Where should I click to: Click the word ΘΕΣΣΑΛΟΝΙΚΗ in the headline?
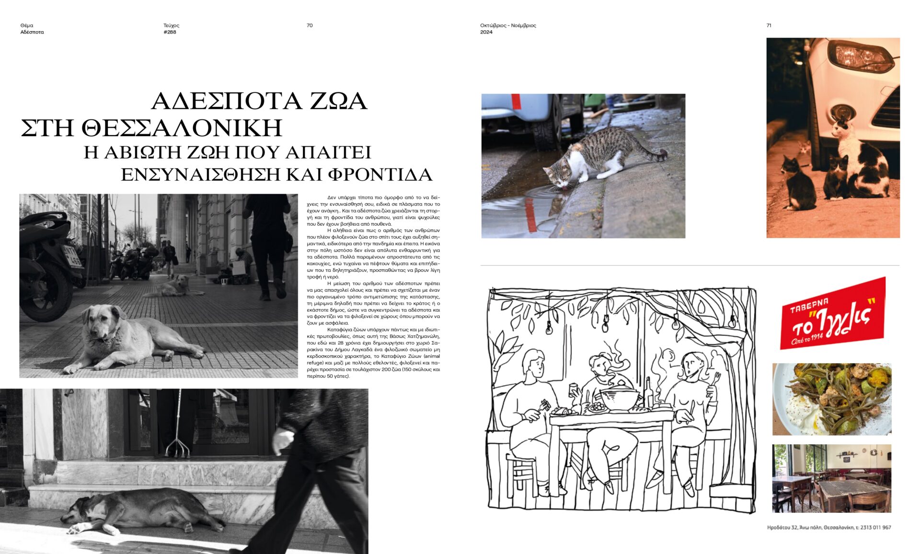coord(182,128)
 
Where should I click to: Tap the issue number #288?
coord(170,32)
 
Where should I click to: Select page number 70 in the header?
coord(310,25)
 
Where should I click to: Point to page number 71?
coord(769,25)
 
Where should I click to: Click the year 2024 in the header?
coord(486,32)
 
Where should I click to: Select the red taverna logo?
coord(833,313)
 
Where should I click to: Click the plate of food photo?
coord(832,399)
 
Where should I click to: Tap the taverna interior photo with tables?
coord(832,478)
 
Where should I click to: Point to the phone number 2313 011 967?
coord(875,528)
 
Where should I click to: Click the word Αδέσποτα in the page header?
coord(32,32)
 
